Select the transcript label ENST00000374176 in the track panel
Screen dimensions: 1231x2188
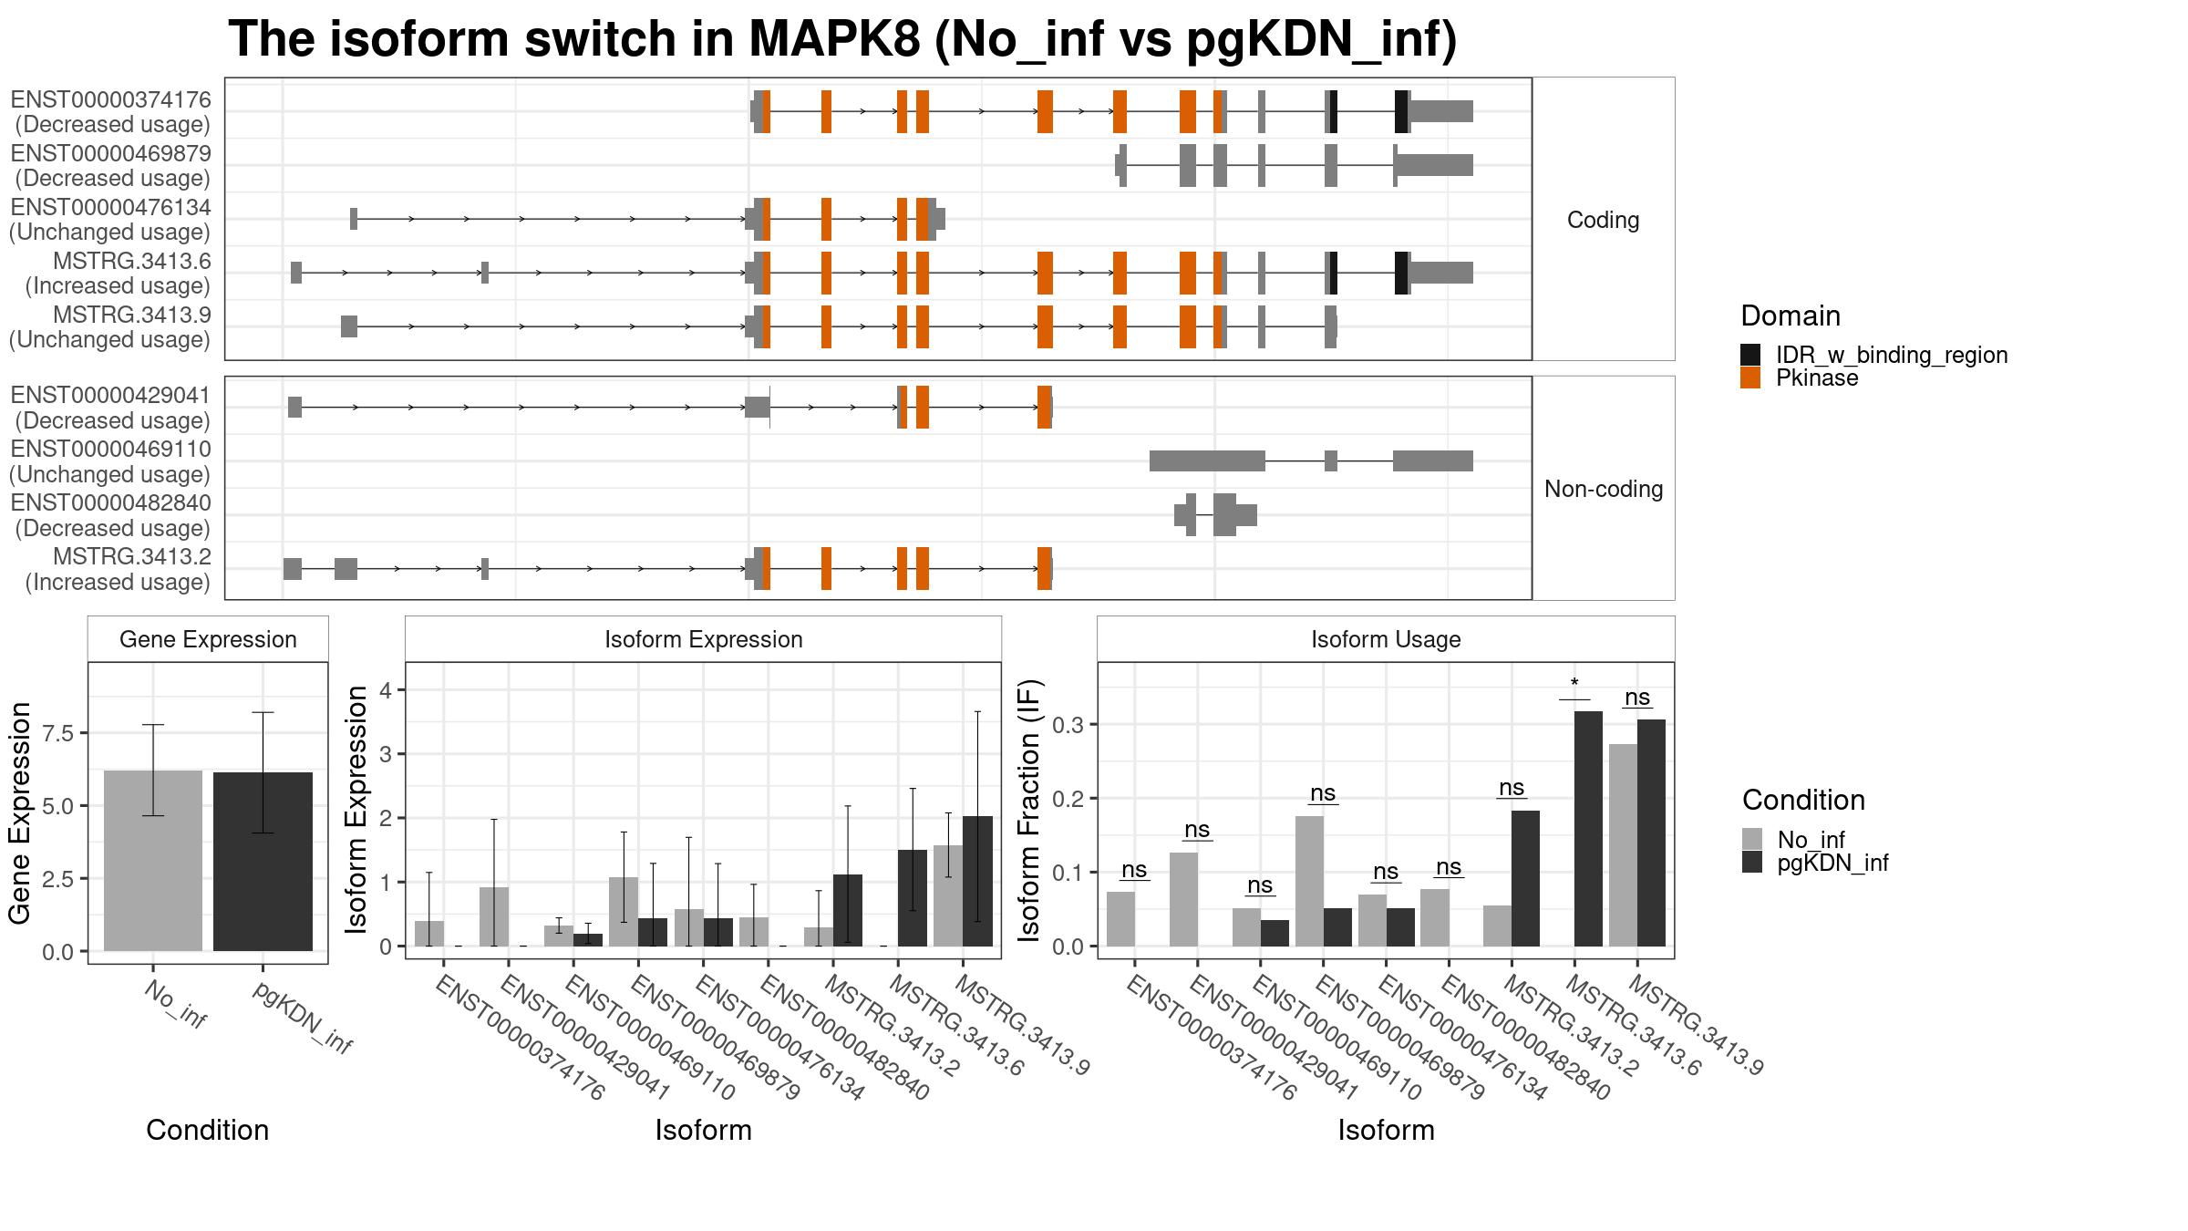[110, 99]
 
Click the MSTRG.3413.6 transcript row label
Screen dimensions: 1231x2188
[131, 262]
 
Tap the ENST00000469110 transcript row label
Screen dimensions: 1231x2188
[110, 450]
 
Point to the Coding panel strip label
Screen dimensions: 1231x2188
[1603, 220]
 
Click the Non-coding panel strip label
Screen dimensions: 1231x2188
[1603, 490]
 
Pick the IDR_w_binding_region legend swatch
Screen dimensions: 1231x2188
[1750, 355]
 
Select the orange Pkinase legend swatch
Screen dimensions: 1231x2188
[1750, 378]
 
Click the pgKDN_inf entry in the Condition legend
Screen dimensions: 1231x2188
[1832, 863]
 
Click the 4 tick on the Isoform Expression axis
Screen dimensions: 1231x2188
[386, 690]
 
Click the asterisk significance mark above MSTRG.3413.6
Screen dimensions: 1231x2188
[1574, 684]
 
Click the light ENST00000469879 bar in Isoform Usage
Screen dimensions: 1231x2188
[1309, 881]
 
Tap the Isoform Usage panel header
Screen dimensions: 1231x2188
[1386, 639]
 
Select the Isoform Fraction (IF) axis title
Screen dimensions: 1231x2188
[1030, 811]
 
